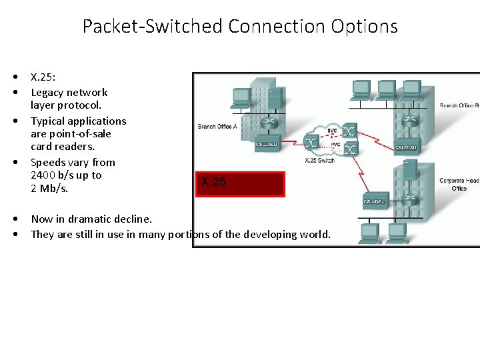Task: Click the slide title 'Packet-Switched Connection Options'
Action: coord(240,27)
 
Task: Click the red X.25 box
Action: coord(240,183)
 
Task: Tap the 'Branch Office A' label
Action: coord(217,126)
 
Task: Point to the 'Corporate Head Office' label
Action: coord(459,184)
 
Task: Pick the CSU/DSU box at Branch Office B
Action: coord(406,147)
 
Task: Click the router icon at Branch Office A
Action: coord(268,123)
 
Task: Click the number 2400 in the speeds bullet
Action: coord(45,175)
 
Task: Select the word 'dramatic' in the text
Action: coord(87,219)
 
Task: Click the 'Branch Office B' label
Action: coord(459,105)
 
